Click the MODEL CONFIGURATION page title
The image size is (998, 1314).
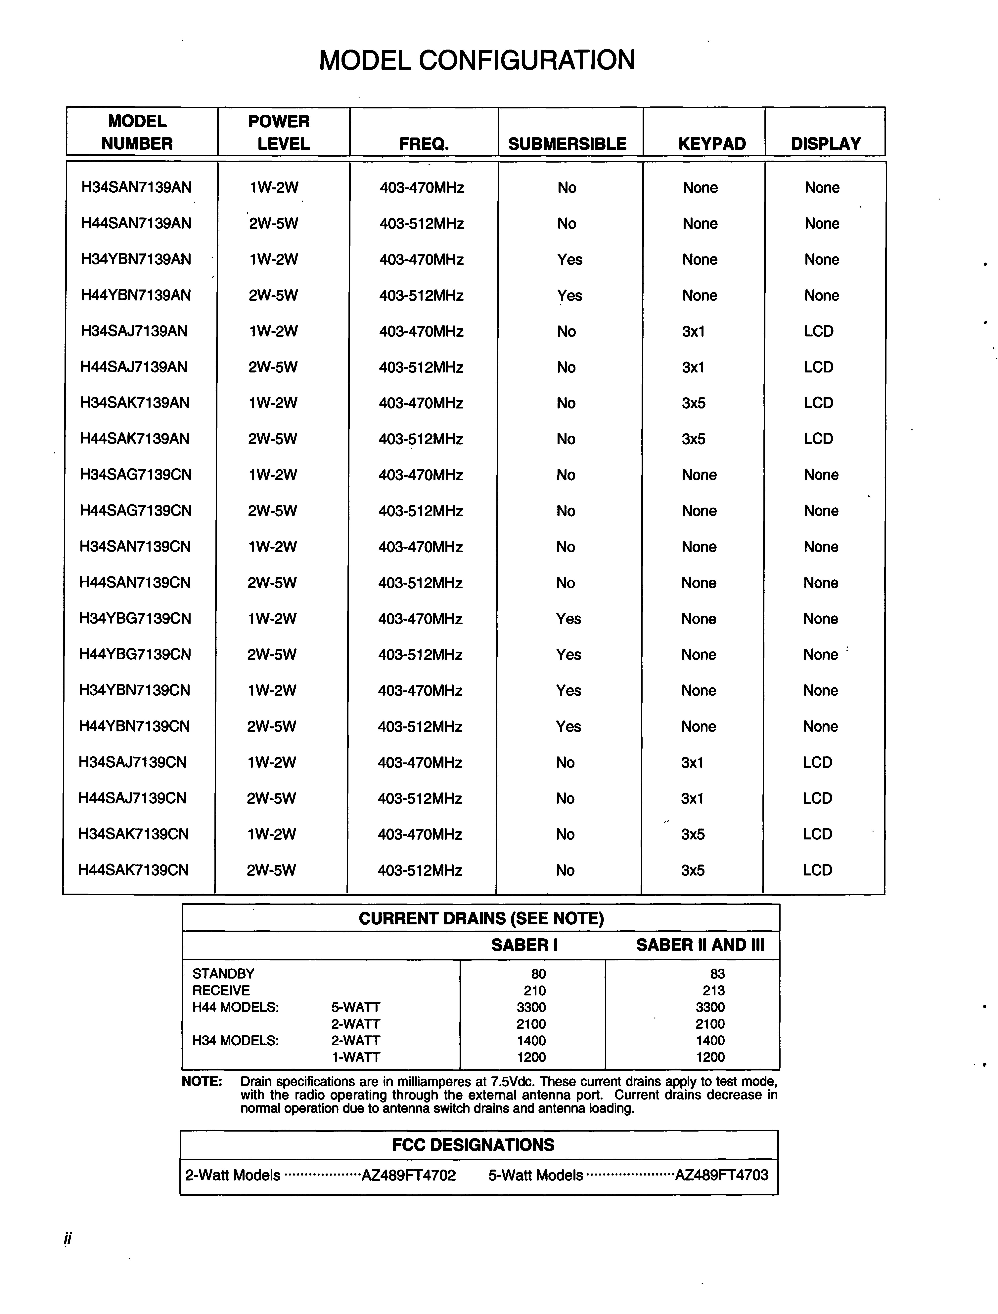point(477,60)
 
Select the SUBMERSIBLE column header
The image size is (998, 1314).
point(567,144)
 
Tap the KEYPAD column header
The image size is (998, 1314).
point(711,144)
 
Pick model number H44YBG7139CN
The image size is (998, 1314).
point(135,655)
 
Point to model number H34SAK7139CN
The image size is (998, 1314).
point(134,834)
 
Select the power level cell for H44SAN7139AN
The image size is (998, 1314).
point(273,224)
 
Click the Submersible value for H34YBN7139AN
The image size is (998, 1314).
point(569,260)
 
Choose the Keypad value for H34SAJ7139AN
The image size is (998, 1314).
point(693,331)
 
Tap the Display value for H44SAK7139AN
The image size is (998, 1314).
point(818,439)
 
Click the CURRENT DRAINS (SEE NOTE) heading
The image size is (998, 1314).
point(481,918)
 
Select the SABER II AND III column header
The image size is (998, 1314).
point(700,945)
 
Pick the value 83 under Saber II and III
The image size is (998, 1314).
point(717,974)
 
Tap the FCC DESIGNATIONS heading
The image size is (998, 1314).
point(473,1145)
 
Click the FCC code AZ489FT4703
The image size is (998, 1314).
point(722,1175)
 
